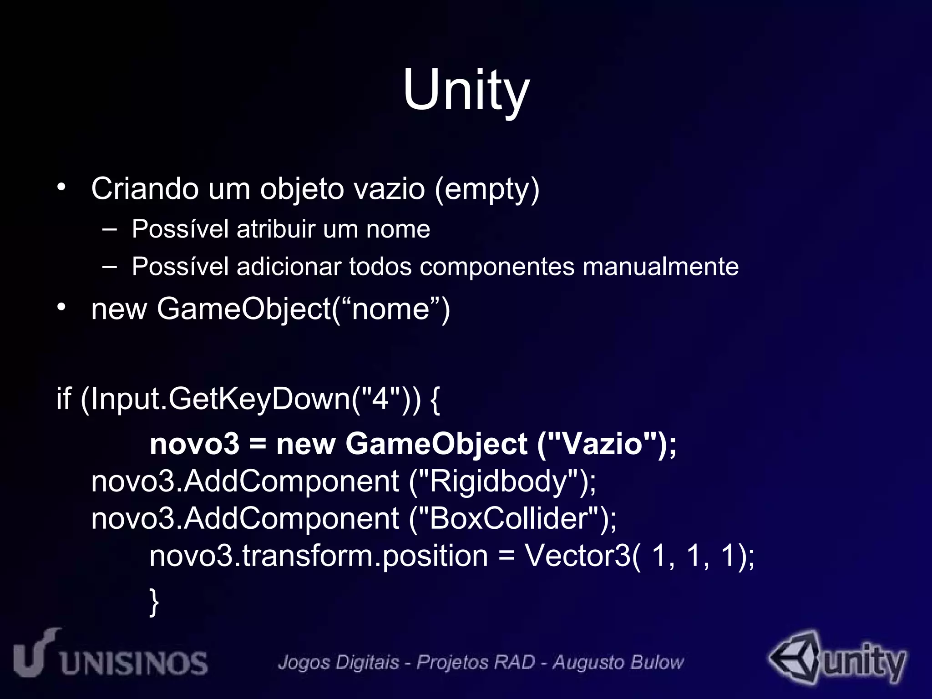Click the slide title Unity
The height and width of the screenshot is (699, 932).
click(x=466, y=90)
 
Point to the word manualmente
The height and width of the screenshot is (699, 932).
click(x=660, y=267)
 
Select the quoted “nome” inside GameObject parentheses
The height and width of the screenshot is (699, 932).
click(x=390, y=309)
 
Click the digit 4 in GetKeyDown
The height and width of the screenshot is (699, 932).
click(x=380, y=399)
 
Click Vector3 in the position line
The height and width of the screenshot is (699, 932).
click(x=577, y=556)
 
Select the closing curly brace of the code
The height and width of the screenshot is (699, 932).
click(x=154, y=602)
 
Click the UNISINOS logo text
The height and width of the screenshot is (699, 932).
click(x=134, y=663)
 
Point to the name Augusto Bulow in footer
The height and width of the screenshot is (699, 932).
click(x=618, y=663)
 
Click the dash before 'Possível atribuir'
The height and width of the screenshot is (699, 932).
click(x=109, y=229)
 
